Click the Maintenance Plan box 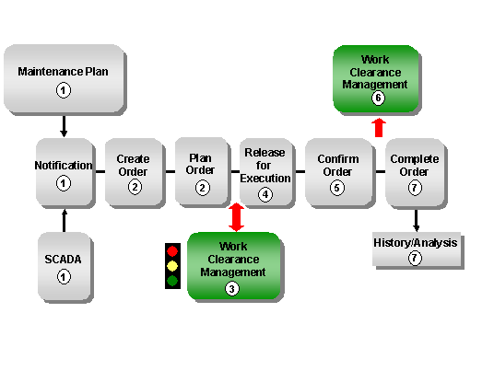pos(64,78)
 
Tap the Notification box pos(64,172)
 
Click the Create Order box pos(134,172)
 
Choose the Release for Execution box pos(265,172)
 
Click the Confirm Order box pos(337,172)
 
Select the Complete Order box pos(414,172)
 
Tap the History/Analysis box pos(415,249)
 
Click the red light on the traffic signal pos(172,250)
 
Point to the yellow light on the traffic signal pos(172,266)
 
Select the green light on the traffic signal pos(172,281)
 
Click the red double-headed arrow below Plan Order pos(236,217)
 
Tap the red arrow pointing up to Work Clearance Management pos(377,126)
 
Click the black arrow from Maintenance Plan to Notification pos(64,126)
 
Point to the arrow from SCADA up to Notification pos(64,219)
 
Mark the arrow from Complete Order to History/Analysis pos(416,220)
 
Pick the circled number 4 pos(265,193)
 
